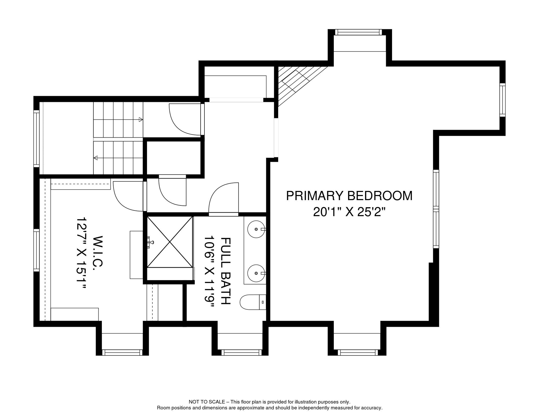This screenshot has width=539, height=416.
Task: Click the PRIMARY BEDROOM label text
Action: [x=349, y=196]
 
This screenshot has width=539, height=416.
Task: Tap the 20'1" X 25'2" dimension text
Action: [x=349, y=212]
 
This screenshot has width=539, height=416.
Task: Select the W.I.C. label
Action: [x=98, y=251]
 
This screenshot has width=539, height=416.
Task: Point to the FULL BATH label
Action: [x=225, y=271]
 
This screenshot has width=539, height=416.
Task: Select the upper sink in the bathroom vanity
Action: [x=256, y=229]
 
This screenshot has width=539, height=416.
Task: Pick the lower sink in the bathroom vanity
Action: [x=256, y=273]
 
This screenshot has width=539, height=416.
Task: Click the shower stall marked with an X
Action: [x=170, y=242]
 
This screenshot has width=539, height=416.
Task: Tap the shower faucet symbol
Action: [x=150, y=242]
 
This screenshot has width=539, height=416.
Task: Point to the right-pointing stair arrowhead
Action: [x=141, y=119]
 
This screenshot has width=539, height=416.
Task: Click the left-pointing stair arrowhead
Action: [x=95, y=158]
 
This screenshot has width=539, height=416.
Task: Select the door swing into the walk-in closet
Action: [x=127, y=196]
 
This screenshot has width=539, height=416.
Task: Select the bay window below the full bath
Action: [x=241, y=352]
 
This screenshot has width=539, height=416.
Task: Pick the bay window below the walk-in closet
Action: [x=122, y=352]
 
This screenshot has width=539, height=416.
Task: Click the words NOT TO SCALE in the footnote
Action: [x=207, y=402]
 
